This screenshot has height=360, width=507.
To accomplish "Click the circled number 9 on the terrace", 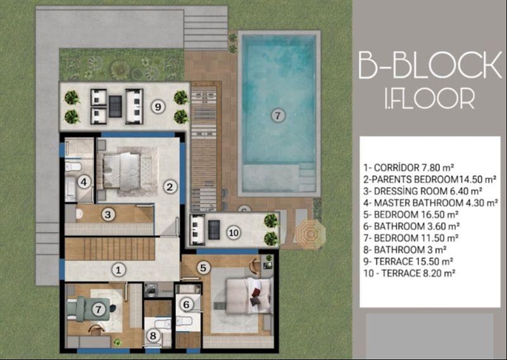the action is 158,106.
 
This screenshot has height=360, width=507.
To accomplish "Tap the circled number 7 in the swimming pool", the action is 278,115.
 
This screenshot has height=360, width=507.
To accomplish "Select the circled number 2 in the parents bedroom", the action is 170,187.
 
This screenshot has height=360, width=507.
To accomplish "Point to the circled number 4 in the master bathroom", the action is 84,182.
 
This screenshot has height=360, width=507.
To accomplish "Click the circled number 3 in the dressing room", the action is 108,214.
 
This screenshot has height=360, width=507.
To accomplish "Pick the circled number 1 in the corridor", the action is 118,270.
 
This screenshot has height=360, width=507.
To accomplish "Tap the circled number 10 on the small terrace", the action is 234,232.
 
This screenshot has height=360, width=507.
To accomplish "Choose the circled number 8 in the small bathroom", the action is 153,336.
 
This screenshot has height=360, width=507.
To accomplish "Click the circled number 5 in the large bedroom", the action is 203,268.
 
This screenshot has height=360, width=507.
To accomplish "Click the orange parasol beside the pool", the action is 310,233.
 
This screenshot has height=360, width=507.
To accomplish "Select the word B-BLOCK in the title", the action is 430,65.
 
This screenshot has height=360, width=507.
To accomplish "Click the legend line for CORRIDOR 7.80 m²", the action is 409,168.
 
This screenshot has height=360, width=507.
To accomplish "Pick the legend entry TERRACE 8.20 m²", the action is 410,273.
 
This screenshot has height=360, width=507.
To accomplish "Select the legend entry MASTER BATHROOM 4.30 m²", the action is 430,203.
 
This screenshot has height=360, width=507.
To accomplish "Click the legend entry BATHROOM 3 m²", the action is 405,250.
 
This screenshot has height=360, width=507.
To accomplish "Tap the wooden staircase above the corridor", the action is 110,249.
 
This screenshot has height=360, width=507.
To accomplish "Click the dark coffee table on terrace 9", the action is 115,107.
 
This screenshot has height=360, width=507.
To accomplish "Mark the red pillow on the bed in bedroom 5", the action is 256,292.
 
